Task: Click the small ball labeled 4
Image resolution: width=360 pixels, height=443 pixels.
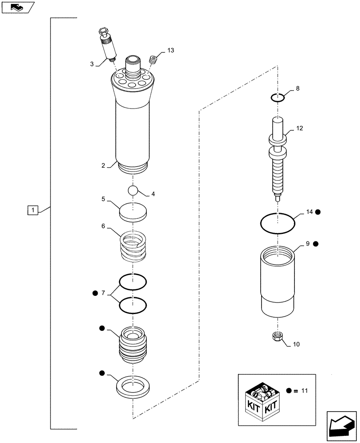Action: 133,190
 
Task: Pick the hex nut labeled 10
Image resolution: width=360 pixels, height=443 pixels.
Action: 278,337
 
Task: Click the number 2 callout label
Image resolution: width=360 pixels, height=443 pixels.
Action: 103,165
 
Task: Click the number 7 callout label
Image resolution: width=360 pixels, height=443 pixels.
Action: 103,293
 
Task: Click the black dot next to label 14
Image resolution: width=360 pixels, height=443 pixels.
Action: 318,212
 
